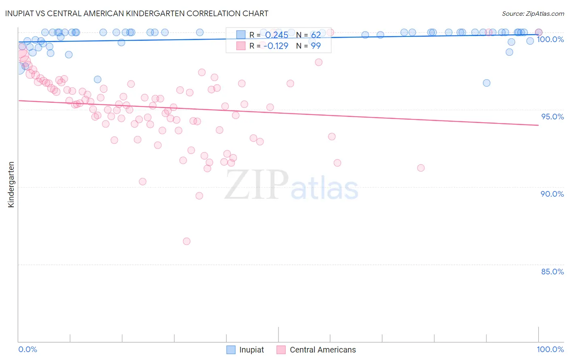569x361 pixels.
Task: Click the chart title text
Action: coord(137,13)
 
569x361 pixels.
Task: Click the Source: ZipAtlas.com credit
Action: coord(533,14)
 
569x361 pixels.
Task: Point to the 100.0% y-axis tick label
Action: coord(550,39)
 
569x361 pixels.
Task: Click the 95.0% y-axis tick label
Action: coord(552,117)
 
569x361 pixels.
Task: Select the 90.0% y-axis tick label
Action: coord(552,194)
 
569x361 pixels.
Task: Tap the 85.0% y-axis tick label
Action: coord(552,272)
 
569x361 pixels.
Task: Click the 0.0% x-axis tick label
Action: coord(28,349)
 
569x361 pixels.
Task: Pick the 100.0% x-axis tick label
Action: coord(550,349)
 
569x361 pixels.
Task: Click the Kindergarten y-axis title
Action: coord(11,185)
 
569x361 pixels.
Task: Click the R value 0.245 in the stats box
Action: coord(276,35)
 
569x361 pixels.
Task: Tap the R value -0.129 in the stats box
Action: coord(276,46)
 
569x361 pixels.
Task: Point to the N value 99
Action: coord(316,46)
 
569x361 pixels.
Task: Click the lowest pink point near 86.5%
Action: coord(187,241)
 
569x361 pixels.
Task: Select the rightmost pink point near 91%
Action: coord(421,168)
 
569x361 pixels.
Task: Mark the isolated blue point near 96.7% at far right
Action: coord(486,83)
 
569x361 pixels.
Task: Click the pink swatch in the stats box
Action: coord(241,46)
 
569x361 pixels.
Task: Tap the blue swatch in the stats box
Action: coord(241,35)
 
